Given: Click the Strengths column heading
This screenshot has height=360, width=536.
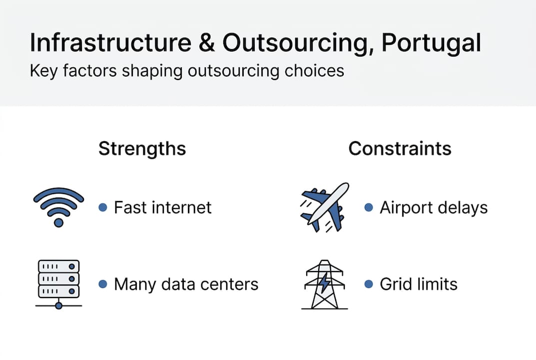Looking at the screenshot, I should pos(142,148).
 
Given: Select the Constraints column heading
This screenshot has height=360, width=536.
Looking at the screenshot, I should pos(400,148).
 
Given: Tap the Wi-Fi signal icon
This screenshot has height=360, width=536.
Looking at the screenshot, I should pos(58,206).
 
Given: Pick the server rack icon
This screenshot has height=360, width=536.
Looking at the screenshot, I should pos(58,283).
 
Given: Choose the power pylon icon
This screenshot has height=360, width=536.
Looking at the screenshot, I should pos(325,283).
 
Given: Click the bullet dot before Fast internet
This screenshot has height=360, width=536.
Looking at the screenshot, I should pos(103,207).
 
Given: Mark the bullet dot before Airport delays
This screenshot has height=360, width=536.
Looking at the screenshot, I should pos(369,207).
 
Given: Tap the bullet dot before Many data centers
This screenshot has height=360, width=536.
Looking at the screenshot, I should pos(103,284).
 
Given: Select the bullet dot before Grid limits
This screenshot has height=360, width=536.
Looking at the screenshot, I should pos(369,284).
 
